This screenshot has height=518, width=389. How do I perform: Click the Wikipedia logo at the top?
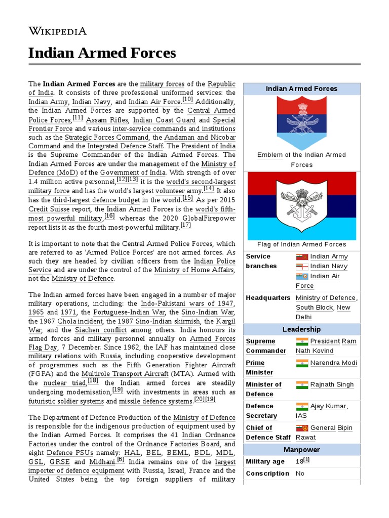click(x=57, y=31)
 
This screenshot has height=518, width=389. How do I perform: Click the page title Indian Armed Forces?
click(x=102, y=53)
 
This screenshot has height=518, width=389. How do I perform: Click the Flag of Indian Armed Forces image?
click(x=301, y=205)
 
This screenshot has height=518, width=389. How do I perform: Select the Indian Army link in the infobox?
click(x=329, y=256)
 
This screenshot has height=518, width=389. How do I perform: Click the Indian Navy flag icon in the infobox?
click(x=302, y=266)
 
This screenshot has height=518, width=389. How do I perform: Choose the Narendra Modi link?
click(x=333, y=363)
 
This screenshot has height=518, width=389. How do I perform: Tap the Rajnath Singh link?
click(x=332, y=384)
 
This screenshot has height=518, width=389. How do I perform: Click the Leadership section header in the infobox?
click(x=301, y=329)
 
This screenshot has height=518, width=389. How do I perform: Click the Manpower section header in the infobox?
click(x=301, y=450)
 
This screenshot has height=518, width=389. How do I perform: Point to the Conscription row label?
click(x=267, y=473)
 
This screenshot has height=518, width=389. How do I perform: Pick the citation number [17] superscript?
click(x=185, y=225)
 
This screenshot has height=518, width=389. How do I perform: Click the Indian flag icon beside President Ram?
click(x=302, y=341)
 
